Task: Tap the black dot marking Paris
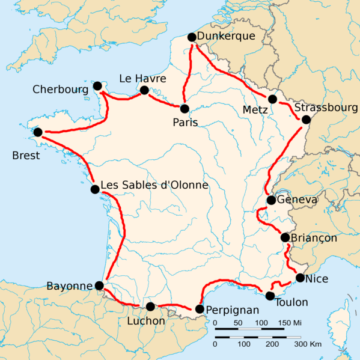pyautogui.click(x=186, y=107)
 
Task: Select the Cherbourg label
pyautogui.click(x=59, y=88)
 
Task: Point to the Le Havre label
pyautogui.click(x=139, y=77)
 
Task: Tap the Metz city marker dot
pyautogui.click(x=273, y=99)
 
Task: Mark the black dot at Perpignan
pyautogui.click(x=200, y=308)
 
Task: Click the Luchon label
pyautogui.click(x=147, y=322)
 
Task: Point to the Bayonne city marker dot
pyautogui.click(x=99, y=285)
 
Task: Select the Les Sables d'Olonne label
pyautogui.click(x=148, y=187)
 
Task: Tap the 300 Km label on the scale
pyautogui.click(x=307, y=343)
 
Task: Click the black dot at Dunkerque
pyautogui.click(x=191, y=39)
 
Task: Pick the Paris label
pyautogui.click(x=185, y=122)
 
